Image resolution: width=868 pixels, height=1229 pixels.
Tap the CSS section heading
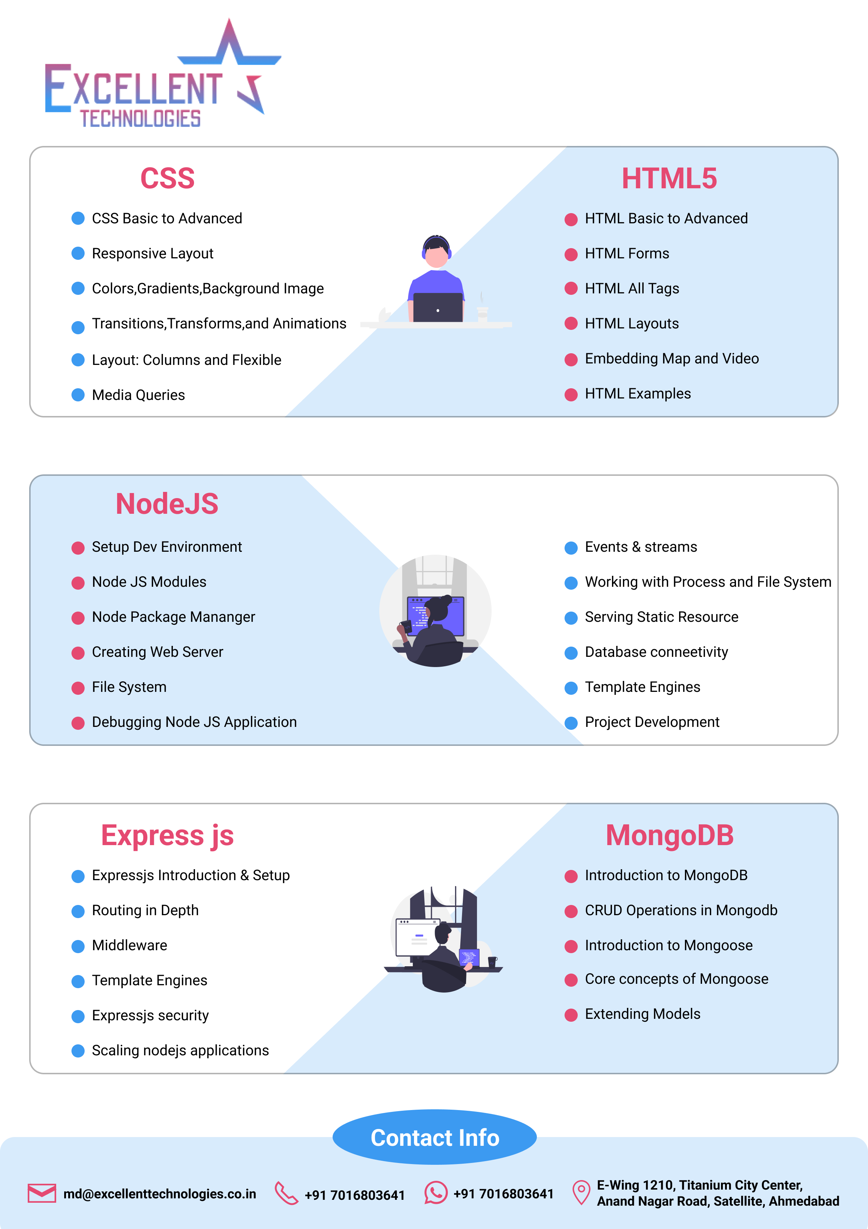click(167, 178)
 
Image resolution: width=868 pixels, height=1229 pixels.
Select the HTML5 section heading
click(669, 178)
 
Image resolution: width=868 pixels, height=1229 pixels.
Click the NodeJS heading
click(167, 504)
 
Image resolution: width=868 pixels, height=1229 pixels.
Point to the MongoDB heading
click(670, 835)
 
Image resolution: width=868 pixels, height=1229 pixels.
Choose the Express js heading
click(167, 835)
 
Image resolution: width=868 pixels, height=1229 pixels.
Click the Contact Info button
click(434, 1137)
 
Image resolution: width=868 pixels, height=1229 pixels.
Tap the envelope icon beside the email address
click(42, 1193)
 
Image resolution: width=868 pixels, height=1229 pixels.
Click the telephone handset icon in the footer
click(286, 1193)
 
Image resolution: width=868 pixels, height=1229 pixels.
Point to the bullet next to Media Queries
click(78, 395)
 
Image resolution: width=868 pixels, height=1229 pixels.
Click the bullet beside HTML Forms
click(571, 254)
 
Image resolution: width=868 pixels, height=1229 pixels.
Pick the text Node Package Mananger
click(173, 617)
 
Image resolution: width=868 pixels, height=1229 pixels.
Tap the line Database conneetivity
click(656, 652)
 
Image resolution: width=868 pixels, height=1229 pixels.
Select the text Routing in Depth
click(145, 910)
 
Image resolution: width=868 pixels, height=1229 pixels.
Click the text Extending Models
click(642, 1014)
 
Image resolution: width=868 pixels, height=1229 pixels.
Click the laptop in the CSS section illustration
click(438, 308)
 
